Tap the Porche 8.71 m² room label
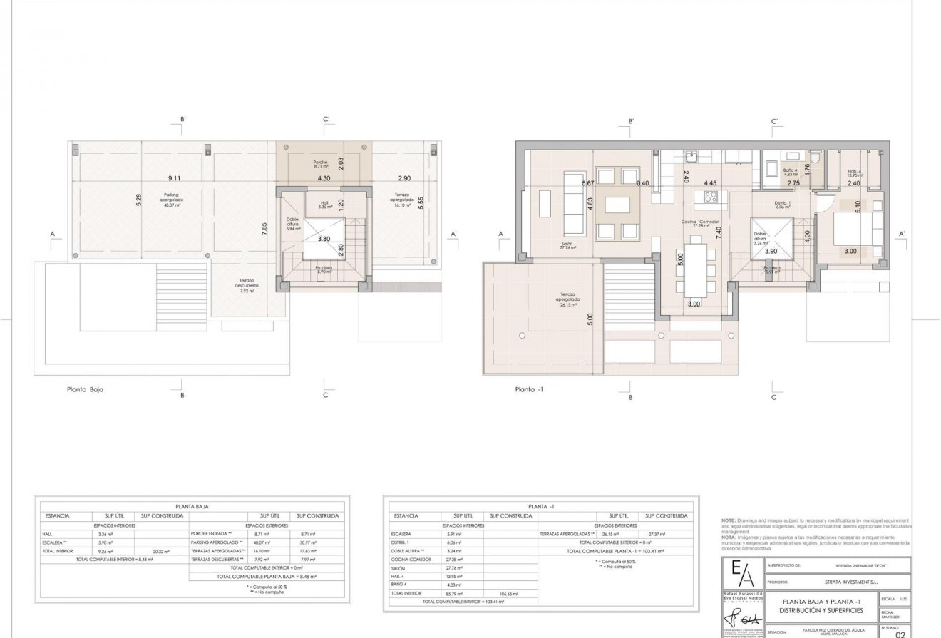click(320, 165)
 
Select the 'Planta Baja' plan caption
click(85, 390)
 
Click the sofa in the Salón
click(572, 204)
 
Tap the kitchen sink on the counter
click(690, 157)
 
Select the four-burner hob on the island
click(710, 197)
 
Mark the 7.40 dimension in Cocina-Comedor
click(719, 232)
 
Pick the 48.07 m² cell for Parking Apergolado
click(262, 542)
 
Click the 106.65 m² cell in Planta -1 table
click(509, 593)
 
